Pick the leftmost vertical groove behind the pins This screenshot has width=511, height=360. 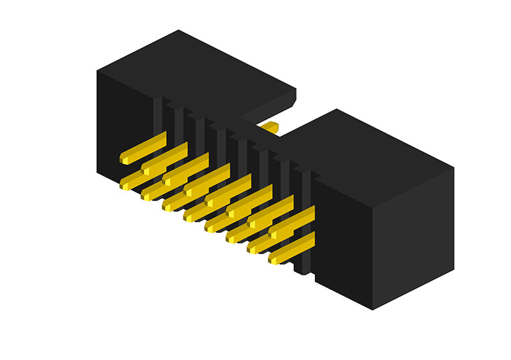158,115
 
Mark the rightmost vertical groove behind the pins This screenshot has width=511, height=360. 306,191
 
